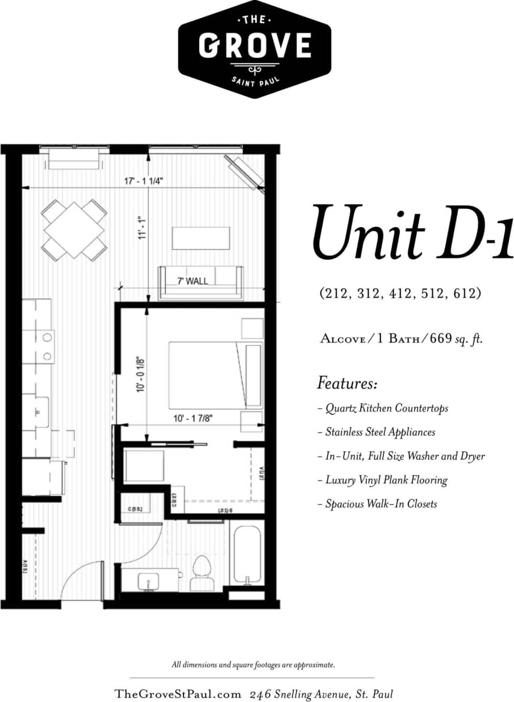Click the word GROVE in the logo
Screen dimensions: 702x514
click(254, 46)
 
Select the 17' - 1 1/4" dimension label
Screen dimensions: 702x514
click(144, 181)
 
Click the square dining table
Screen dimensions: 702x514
click(74, 229)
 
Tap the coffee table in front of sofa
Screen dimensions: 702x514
click(201, 238)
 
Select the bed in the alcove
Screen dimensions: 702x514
click(207, 375)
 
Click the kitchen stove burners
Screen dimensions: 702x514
click(47, 347)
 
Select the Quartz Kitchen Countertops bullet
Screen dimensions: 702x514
click(383, 408)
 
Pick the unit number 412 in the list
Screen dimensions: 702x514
click(400, 293)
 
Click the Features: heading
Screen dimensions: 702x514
click(347, 383)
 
